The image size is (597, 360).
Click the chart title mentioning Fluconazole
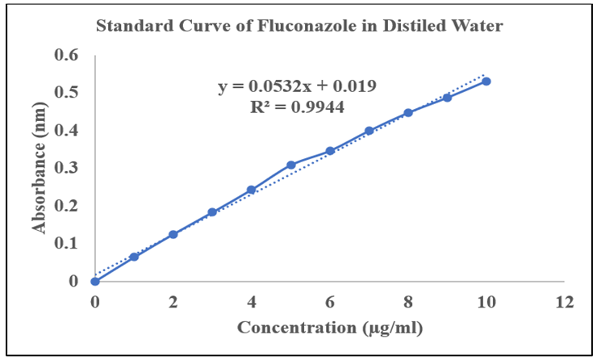click(x=299, y=27)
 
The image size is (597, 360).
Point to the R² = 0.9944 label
click(x=298, y=107)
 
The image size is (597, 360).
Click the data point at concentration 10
click(x=486, y=81)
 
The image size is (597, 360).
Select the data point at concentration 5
click(x=290, y=165)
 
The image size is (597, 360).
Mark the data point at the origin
click(x=95, y=281)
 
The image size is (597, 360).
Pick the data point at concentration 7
click(x=369, y=131)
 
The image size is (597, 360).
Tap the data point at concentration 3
click(x=212, y=212)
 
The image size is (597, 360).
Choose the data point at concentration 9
click(x=447, y=98)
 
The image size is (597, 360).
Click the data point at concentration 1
click(x=134, y=257)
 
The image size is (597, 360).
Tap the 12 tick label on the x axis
click(x=565, y=303)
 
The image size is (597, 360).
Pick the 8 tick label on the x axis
click(x=408, y=303)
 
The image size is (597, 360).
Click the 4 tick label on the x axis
click(x=252, y=303)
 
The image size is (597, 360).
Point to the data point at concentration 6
click(x=330, y=151)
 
